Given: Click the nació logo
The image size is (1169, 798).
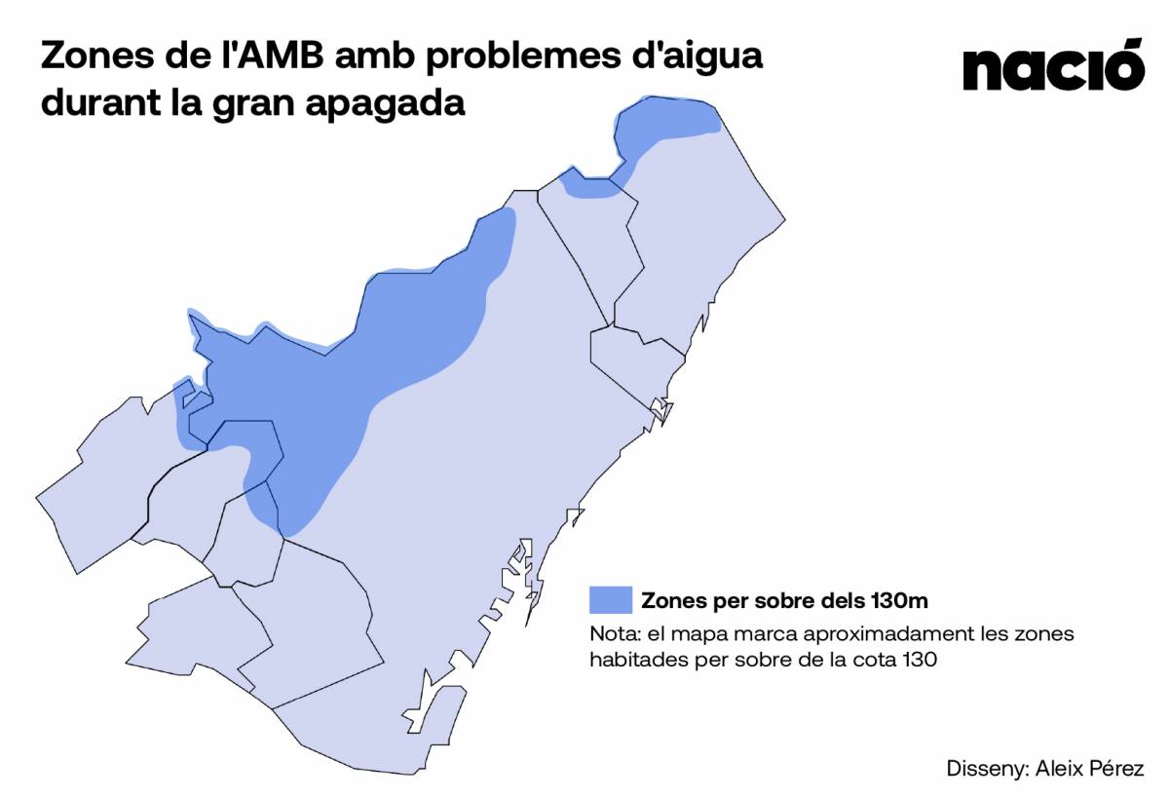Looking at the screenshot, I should point(1052,66).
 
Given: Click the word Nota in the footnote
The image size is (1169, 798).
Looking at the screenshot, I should point(611,633).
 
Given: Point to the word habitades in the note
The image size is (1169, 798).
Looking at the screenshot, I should point(634,660).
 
